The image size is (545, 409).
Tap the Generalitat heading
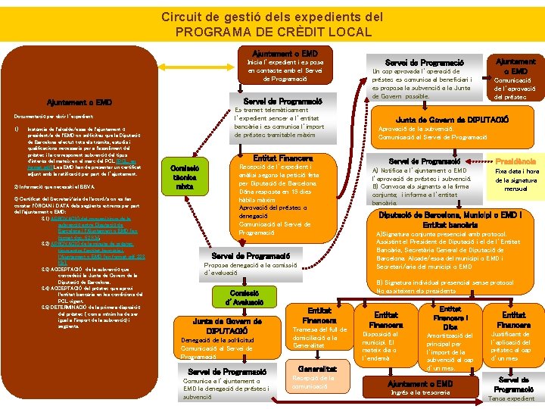pos(313,367)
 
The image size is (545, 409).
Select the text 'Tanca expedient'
pos(514,398)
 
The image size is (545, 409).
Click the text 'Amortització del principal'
pos(450,340)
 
